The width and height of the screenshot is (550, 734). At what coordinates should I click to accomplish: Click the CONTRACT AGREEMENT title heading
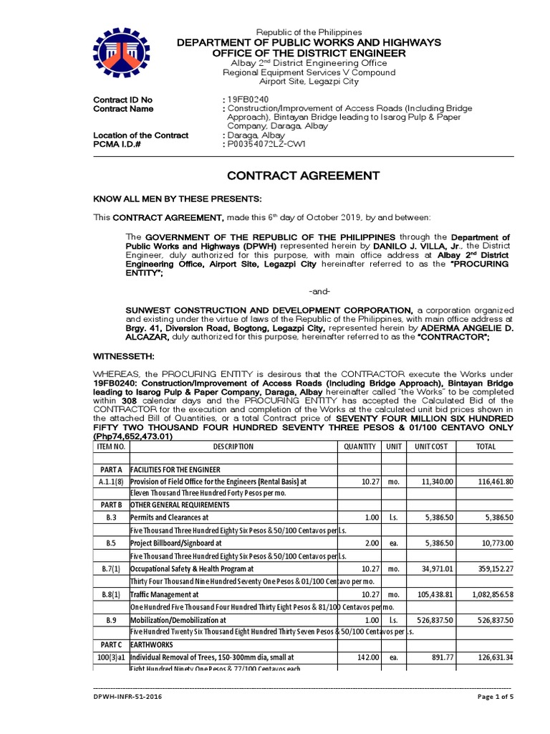(x=304, y=176)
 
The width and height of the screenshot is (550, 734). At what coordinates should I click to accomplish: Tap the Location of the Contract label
(x=141, y=135)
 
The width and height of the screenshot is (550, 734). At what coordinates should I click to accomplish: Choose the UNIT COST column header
(x=431, y=447)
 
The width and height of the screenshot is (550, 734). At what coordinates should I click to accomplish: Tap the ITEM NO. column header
(x=111, y=447)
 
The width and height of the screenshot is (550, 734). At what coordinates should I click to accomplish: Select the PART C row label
(x=111, y=644)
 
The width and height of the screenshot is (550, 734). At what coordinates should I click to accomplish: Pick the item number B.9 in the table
(x=111, y=619)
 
